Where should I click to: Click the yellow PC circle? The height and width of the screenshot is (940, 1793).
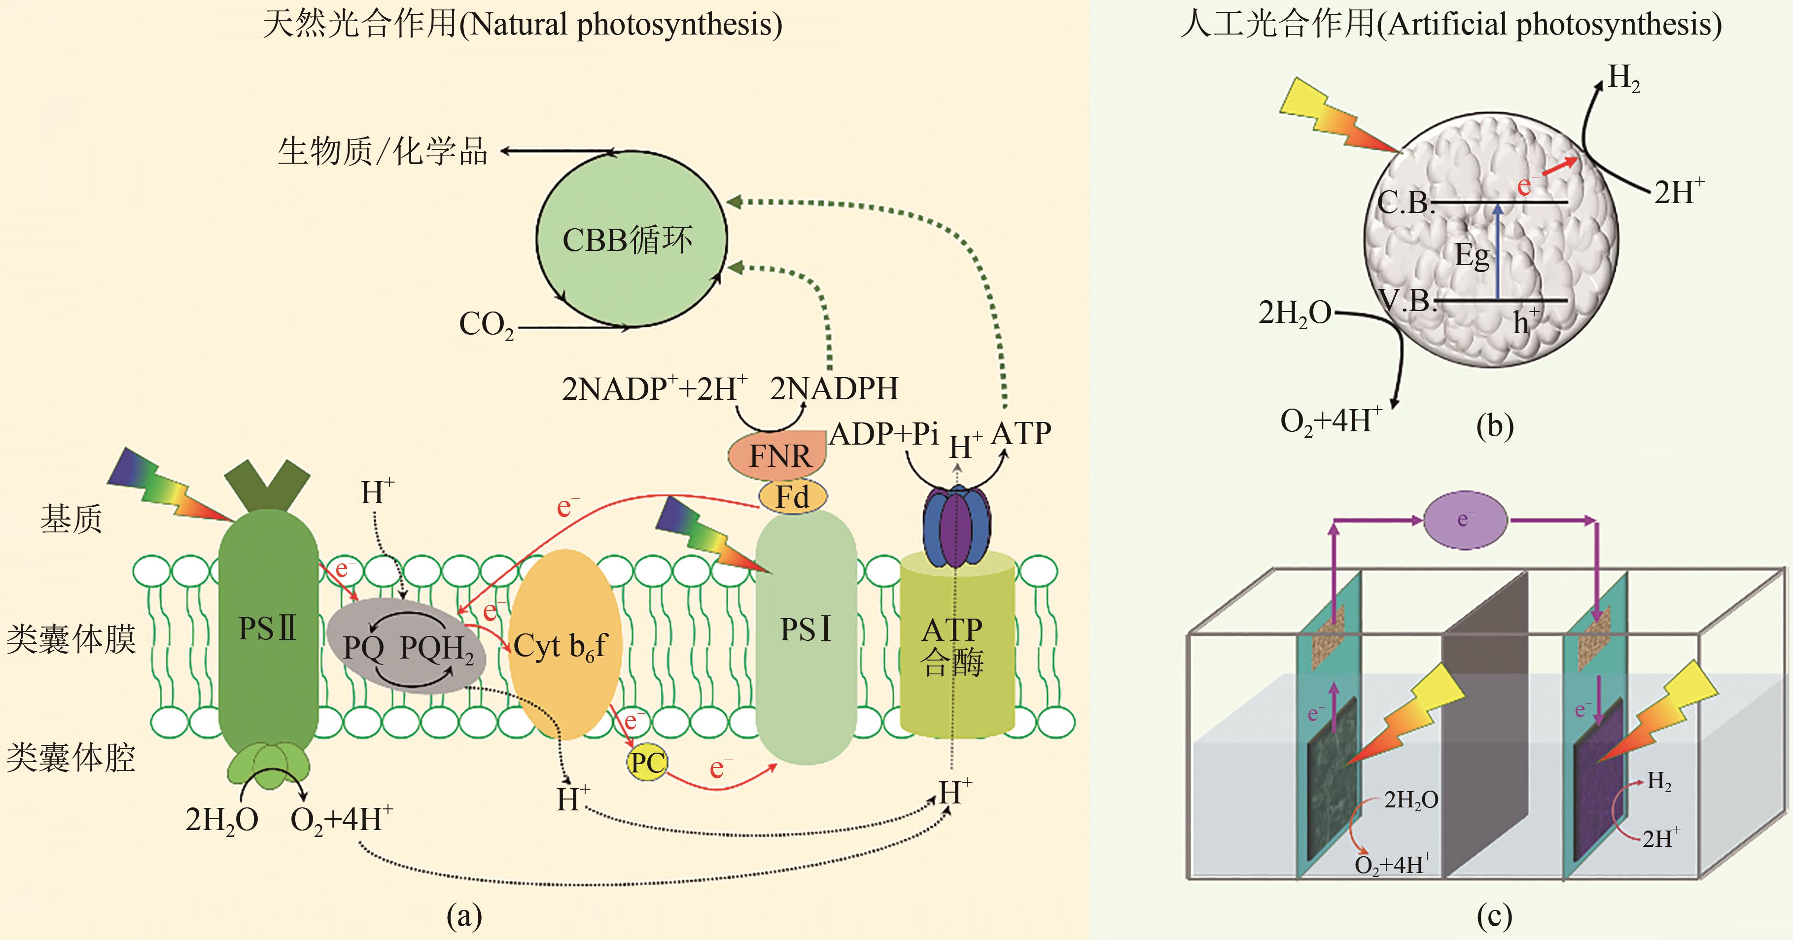pyautogui.click(x=647, y=762)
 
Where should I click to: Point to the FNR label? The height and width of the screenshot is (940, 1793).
pyautogui.click(x=779, y=456)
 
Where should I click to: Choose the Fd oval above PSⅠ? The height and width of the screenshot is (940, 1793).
pyautogui.click(x=792, y=497)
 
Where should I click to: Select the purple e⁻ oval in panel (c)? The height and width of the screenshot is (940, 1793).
pyautogui.click(x=1465, y=520)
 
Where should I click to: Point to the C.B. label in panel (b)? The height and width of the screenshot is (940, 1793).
pyautogui.click(x=1405, y=203)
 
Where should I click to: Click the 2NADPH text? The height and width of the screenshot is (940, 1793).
pyautogui.click(x=834, y=388)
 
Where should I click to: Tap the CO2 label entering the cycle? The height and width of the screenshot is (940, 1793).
pyautogui.click(x=486, y=324)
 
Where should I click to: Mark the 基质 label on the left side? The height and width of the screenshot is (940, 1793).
pyautogui.click(x=71, y=519)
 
